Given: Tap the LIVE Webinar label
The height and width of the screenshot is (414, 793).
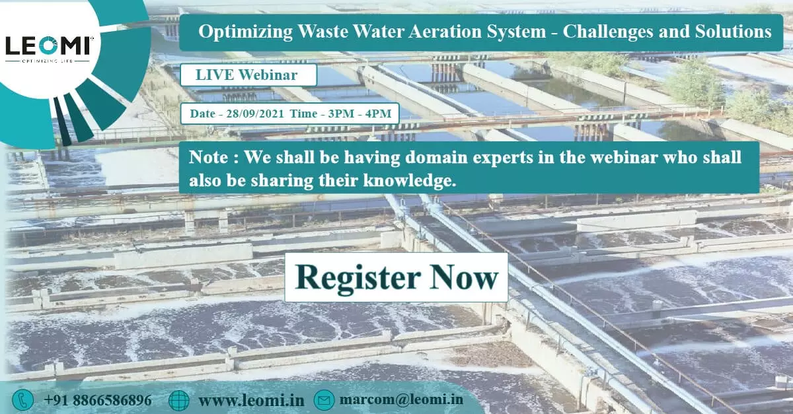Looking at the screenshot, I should tap(246, 75).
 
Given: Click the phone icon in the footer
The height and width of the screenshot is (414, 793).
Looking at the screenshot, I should tap(24, 399).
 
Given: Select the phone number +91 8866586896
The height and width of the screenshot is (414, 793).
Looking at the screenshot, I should tap(98, 400).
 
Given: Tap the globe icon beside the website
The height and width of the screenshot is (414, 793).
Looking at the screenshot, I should tap(178, 400).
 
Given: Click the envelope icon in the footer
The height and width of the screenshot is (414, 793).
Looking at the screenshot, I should tap(324, 400).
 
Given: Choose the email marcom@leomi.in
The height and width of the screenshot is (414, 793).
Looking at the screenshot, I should tap(401, 400).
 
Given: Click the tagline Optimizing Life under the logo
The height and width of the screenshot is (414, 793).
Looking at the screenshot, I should tap(48, 60).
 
